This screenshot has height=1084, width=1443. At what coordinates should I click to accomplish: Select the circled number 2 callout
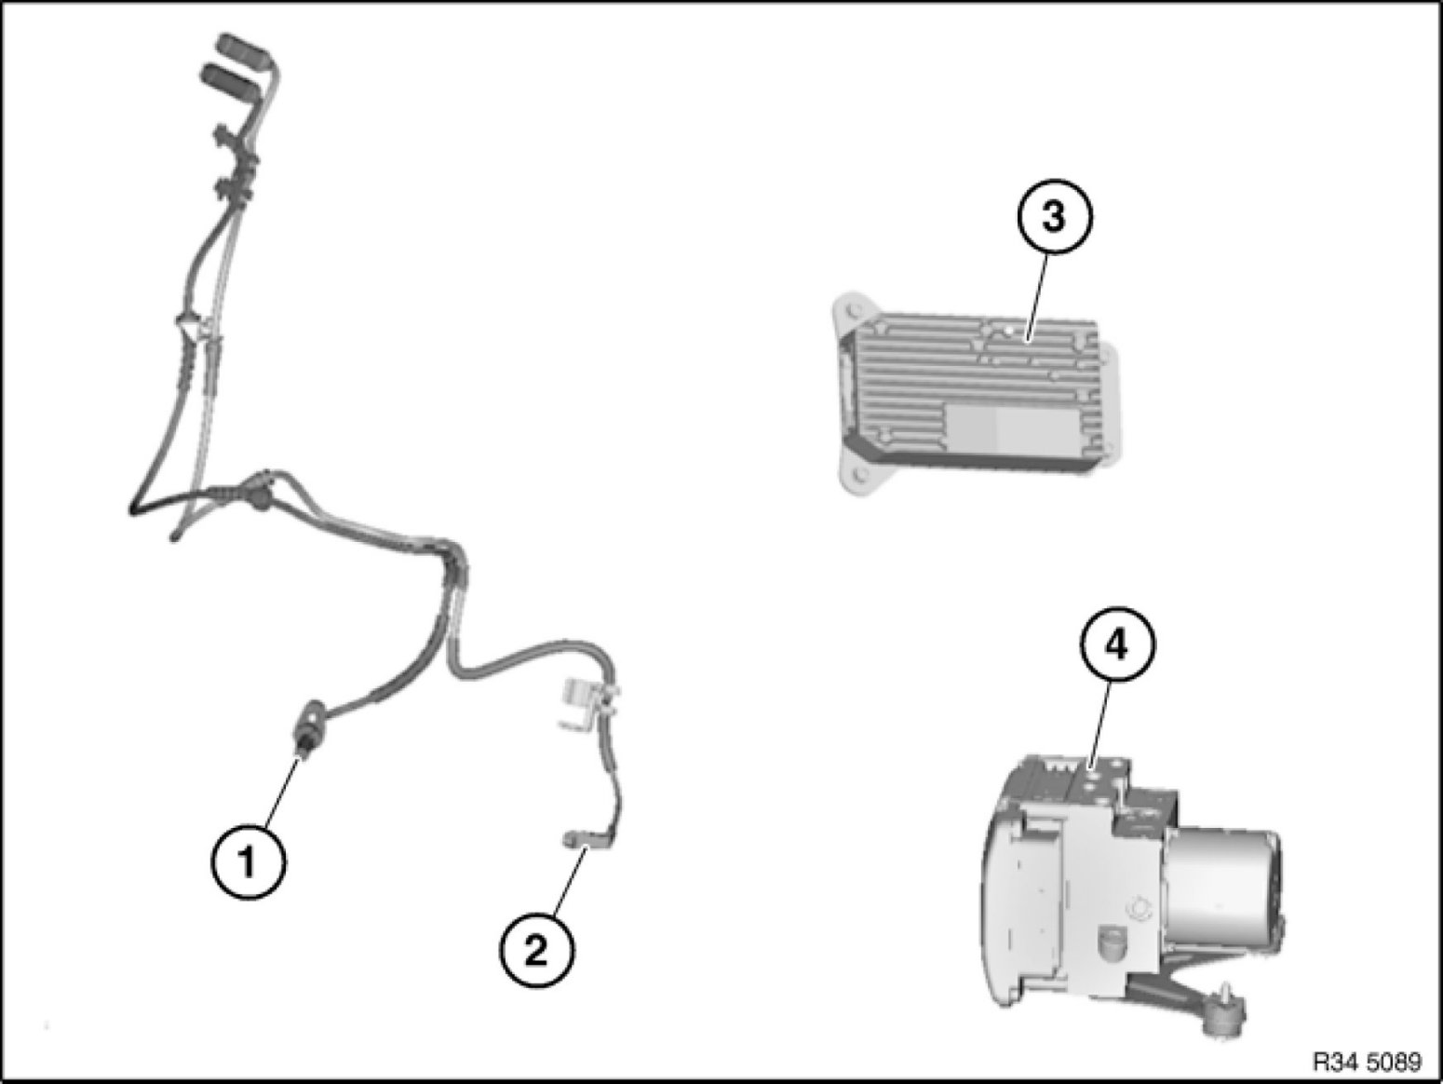point(536,951)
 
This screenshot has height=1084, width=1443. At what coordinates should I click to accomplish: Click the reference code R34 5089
point(1367,1061)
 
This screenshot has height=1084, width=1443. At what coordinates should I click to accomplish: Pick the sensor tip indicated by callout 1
point(303,748)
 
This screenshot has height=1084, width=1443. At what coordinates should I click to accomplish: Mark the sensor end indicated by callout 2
point(570,839)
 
